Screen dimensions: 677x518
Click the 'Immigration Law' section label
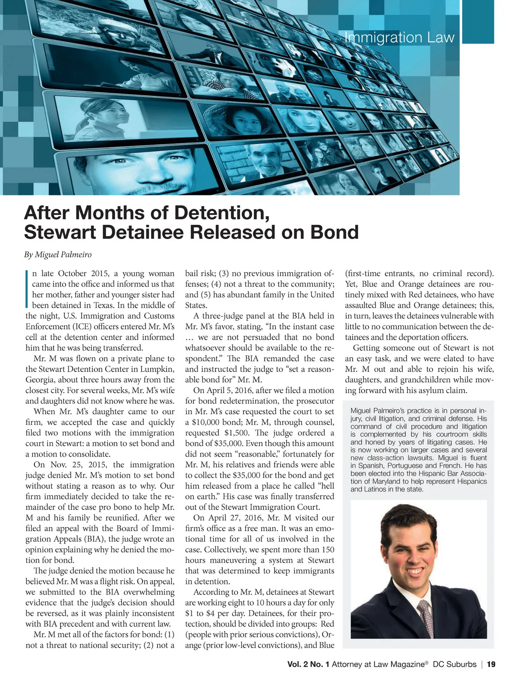click(x=399, y=38)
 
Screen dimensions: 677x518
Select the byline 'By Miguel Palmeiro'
click(x=58, y=255)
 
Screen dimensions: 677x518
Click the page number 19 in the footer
click(x=491, y=664)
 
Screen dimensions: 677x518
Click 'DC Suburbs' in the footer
click(x=455, y=664)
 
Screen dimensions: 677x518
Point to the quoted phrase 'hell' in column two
click(x=326, y=486)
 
